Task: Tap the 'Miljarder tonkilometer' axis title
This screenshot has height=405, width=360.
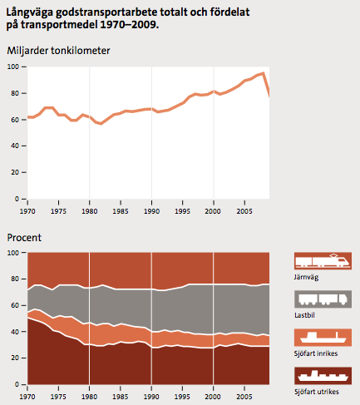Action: (x=58, y=51)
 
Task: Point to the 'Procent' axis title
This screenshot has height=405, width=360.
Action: (x=24, y=238)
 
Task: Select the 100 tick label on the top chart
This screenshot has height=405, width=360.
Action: (x=13, y=67)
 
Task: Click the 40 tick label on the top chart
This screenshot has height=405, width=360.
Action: (x=15, y=146)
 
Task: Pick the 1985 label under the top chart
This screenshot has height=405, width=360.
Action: (x=121, y=211)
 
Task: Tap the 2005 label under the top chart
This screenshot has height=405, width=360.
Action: (x=244, y=211)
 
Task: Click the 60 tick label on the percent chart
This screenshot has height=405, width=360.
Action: (x=15, y=305)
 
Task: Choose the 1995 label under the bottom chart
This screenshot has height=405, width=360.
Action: (x=182, y=397)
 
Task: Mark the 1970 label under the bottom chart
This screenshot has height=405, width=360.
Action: (x=27, y=397)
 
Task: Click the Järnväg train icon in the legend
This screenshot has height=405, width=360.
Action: (x=323, y=261)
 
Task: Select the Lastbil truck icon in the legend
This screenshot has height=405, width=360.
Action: (x=323, y=299)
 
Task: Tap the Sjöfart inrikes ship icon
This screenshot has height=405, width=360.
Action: (x=323, y=338)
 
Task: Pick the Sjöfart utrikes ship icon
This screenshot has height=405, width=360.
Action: (x=323, y=376)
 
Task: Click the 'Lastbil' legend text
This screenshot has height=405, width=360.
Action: (x=304, y=315)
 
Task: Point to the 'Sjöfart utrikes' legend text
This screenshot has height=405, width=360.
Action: (x=317, y=392)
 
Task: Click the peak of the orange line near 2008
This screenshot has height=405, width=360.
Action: (x=263, y=73)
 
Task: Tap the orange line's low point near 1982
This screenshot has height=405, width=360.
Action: (x=101, y=124)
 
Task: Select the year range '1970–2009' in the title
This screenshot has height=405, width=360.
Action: (x=129, y=25)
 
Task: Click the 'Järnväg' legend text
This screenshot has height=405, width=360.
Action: (x=306, y=277)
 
